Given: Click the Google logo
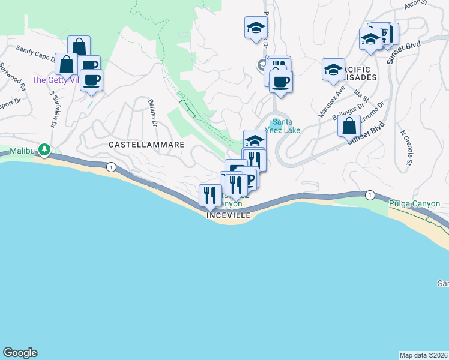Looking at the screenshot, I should tap(20, 353).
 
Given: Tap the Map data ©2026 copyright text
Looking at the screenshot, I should tap(423, 355).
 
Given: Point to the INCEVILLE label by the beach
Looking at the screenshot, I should tap(228, 215).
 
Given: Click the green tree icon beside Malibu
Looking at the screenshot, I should tap(44, 149).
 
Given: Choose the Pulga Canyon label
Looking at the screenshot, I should tap(410, 203).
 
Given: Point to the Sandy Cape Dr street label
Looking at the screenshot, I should tap(37, 55).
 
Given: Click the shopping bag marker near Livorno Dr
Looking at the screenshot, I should tap(349, 126).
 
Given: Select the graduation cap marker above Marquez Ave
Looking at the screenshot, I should tap(333, 70).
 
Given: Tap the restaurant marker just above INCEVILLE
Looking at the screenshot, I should tap(209, 195).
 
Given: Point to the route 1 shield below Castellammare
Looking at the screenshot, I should tap(111, 167).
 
